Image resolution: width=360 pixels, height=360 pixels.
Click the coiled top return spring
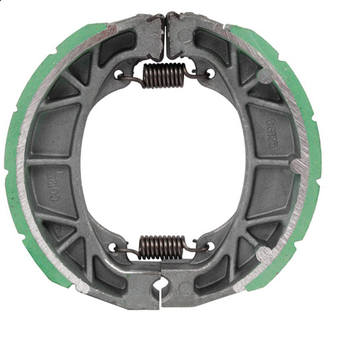[x=164, y=75]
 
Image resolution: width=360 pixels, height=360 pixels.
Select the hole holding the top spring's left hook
[x=119, y=74]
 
